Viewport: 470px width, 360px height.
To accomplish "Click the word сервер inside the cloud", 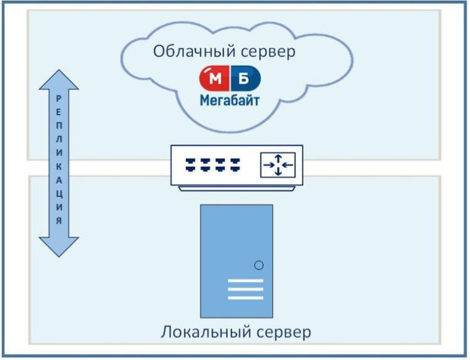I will (268, 52).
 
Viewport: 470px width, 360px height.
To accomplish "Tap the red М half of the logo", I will (215, 80).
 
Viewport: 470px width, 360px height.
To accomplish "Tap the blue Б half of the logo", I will (244, 80).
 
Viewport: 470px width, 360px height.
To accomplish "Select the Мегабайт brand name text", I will (229, 100).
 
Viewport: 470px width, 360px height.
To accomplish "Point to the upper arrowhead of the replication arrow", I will (59, 80).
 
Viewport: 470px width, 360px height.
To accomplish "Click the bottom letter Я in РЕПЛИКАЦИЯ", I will (59, 220).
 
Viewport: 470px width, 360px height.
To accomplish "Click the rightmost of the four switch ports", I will (236, 163).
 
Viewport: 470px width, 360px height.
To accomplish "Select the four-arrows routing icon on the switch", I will (277, 165).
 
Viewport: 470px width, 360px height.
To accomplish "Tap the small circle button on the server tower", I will (259, 266).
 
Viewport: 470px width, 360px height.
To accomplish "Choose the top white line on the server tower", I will (245, 281).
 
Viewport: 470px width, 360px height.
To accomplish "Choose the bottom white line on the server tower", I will (245, 298).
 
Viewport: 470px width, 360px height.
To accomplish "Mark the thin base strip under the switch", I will (237, 188).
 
